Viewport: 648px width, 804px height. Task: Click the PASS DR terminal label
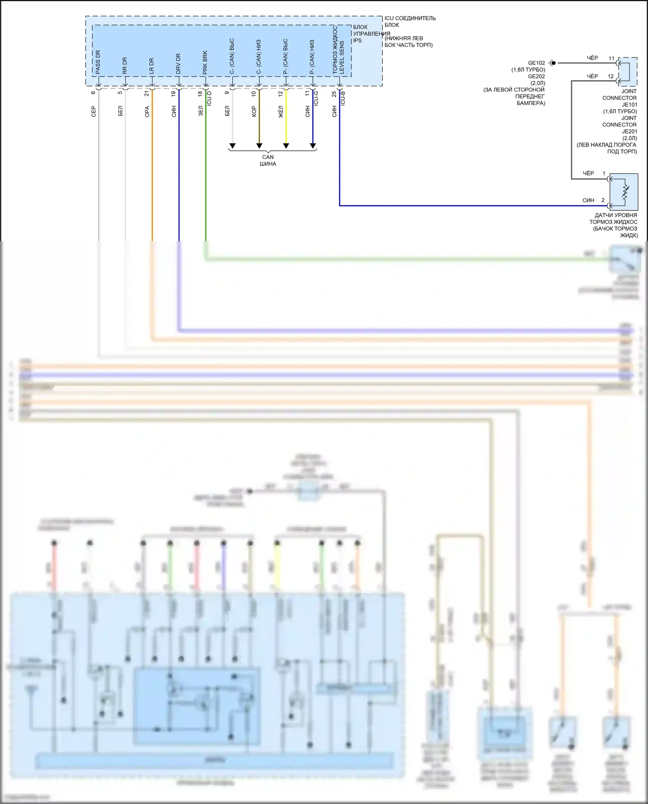[98, 62]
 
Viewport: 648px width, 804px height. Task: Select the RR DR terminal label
[124, 66]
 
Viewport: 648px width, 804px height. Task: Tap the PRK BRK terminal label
[205, 63]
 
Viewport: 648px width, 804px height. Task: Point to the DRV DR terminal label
[178, 64]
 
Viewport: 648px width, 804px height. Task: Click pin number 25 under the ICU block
[334, 94]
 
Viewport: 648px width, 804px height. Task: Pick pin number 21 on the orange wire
[147, 93]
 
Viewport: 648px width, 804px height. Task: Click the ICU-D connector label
[210, 99]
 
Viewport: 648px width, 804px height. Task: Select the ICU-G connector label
[316, 99]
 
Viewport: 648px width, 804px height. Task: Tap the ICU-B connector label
[343, 99]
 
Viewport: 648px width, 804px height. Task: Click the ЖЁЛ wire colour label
[281, 112]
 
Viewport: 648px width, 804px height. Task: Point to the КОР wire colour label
[254, 111]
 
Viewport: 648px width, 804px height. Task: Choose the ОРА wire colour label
[147, 111]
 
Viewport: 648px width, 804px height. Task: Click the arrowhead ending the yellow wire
[286, 146]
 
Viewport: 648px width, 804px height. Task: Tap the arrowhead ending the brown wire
[259, 146]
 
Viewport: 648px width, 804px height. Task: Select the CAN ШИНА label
[268, 160]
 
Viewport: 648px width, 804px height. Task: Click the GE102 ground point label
[536, 63]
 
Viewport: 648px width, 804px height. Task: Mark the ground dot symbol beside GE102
[553, 63]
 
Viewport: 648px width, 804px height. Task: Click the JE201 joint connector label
[629, 131]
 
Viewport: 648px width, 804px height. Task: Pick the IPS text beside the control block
[357, 41]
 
